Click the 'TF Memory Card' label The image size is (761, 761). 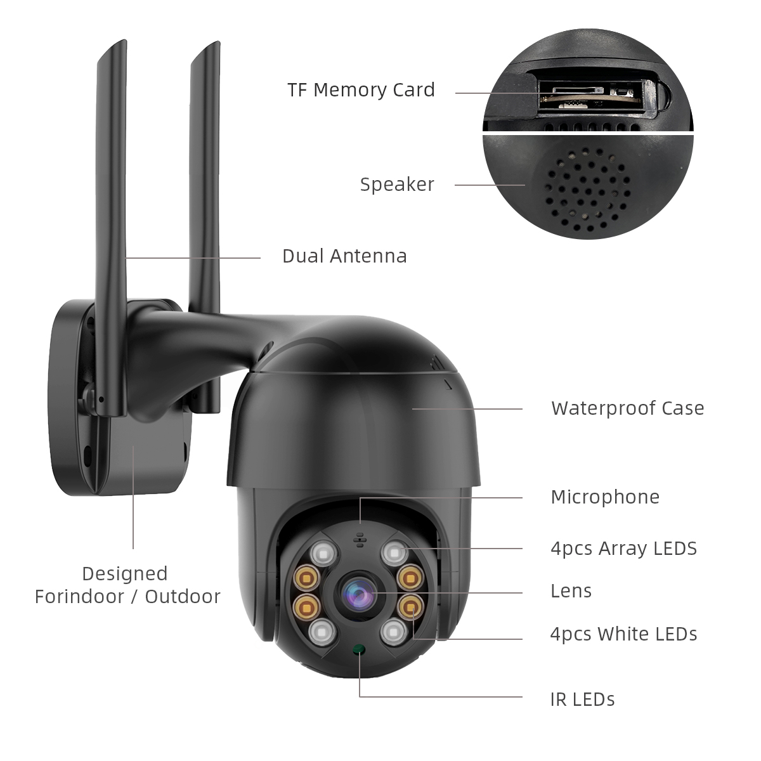pos(361,90)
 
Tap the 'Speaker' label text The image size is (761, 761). pos(397,185)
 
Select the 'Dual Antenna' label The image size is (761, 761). pos(344,256)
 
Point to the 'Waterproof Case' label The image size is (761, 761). pos(627,408)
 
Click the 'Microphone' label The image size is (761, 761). pos(605,497)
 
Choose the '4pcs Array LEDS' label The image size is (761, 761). pos(623,549)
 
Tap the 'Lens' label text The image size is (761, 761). pos(571,591)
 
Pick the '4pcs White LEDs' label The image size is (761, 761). pos(623,634)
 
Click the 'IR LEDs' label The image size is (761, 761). pos(582,699)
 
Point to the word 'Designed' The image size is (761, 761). pos(125,574)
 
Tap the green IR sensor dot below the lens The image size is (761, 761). pos(359,649)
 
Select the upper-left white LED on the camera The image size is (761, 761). pos(323,553)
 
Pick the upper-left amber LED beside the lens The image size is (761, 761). pos(308,578)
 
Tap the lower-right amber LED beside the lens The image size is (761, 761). pos(409,606)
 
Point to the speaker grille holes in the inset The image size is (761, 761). pos(587,190)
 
